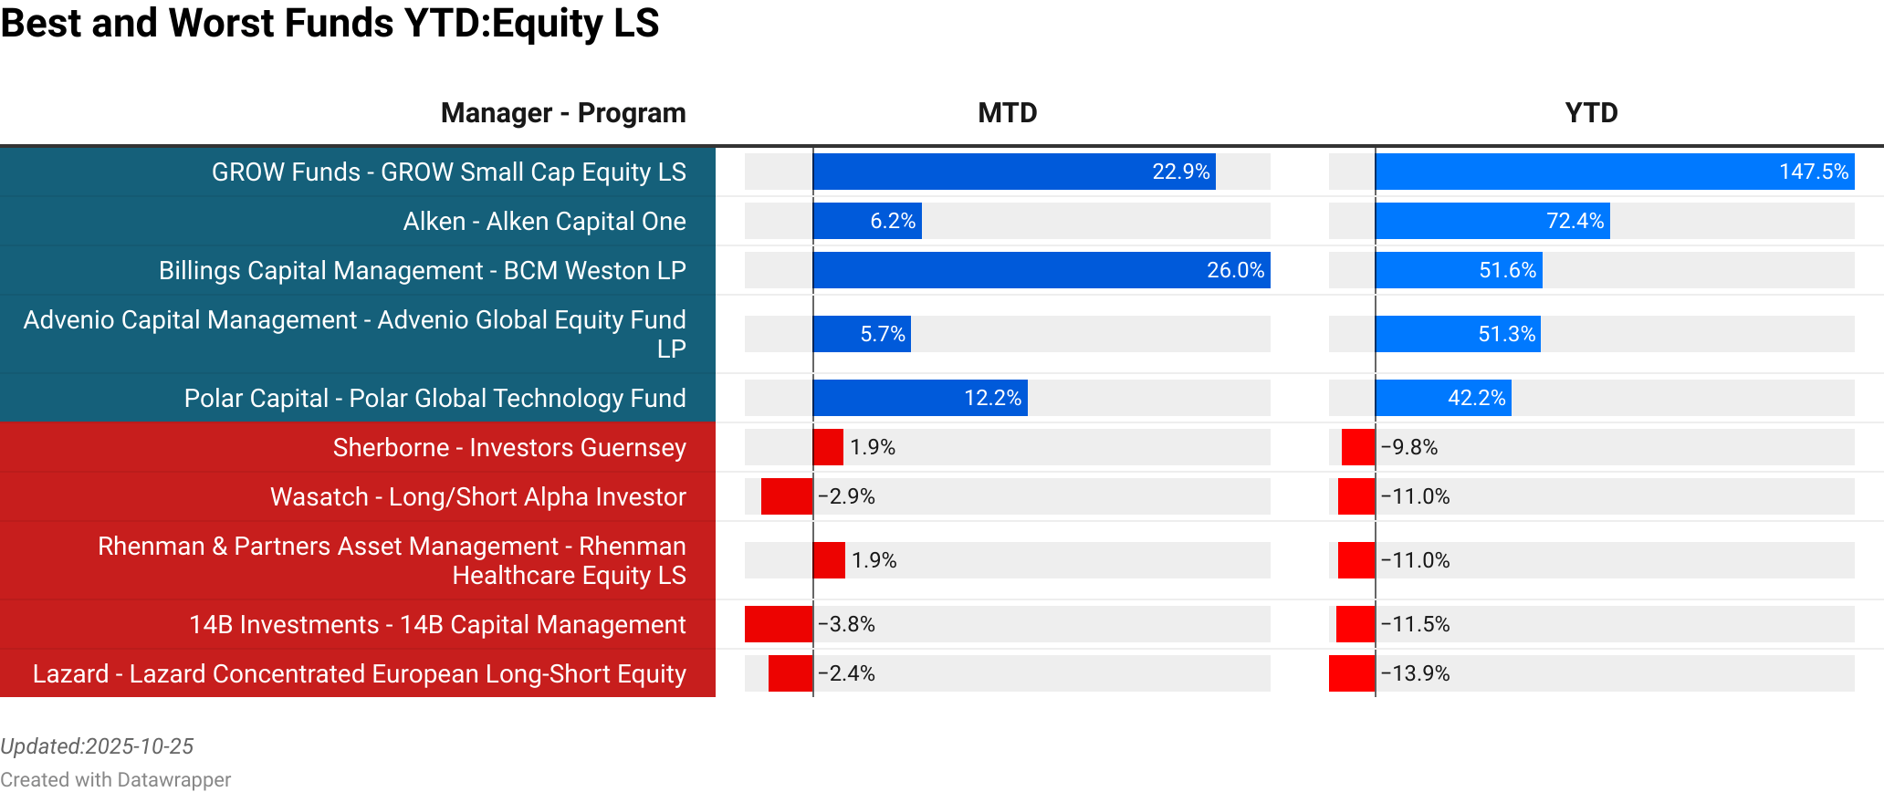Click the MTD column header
coord(1007,113)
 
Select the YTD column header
coord(1591,113)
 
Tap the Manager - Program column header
coord(562,113)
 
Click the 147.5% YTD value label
coord(1813,172)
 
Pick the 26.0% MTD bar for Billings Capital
coord(1041,270)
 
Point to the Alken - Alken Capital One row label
coord(544,222)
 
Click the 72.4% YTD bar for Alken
coord(1491,221)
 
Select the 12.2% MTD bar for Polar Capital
coord(919,398)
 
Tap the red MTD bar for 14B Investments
coord(778,624)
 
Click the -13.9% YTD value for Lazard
coord(1415,673)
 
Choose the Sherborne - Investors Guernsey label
coord(508,448)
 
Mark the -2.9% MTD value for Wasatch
coord(846,496)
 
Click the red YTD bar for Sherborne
coord(1357,447)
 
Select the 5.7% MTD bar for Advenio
coord(861,334)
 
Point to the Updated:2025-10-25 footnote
coord(97,746)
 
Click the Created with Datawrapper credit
coord(115,779)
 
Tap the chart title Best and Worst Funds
coord(330,23)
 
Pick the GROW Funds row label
coord(448,172)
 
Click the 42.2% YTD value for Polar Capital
coord(1476,398)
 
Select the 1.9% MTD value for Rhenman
coord(874,560)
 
